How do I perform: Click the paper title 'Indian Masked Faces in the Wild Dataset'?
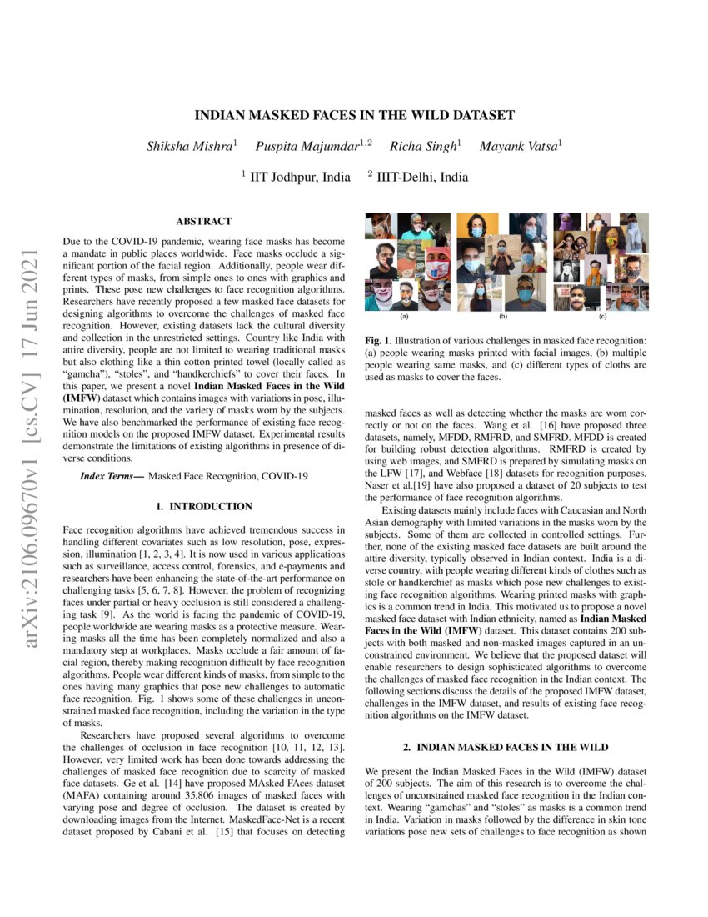(x=354, y=116)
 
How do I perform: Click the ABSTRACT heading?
(x=204, y=222)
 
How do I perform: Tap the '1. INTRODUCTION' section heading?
(x=204, y=506)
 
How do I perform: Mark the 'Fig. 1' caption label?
(x=376, y=341)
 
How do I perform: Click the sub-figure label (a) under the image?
(x=405, y=318)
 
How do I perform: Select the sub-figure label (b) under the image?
(x=503, y=318)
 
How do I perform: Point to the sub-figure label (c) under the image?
(x=602, y=318)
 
